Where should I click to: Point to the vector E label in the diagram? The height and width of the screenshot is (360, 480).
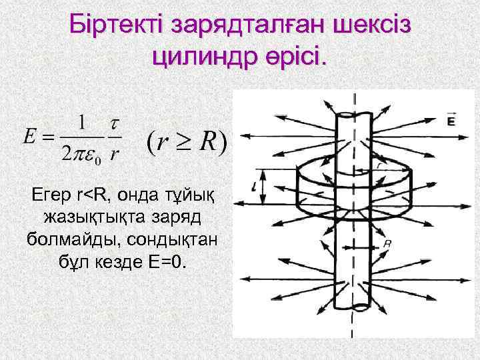click(451, 121)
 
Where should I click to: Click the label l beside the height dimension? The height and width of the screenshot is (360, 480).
click(255, 188)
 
